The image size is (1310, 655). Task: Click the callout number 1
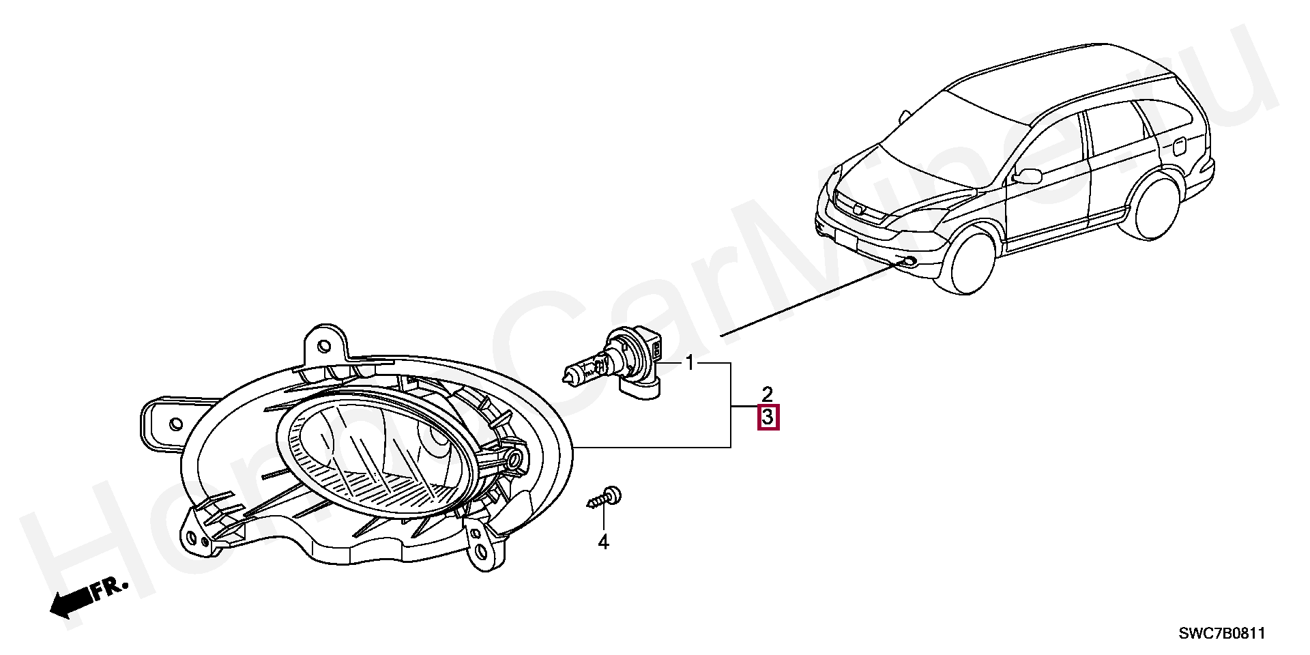690,362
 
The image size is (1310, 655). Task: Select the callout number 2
768,394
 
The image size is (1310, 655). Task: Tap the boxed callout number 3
768,416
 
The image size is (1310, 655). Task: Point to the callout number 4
603,542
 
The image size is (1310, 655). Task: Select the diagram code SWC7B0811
1222,633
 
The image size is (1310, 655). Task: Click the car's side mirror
1028,175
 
